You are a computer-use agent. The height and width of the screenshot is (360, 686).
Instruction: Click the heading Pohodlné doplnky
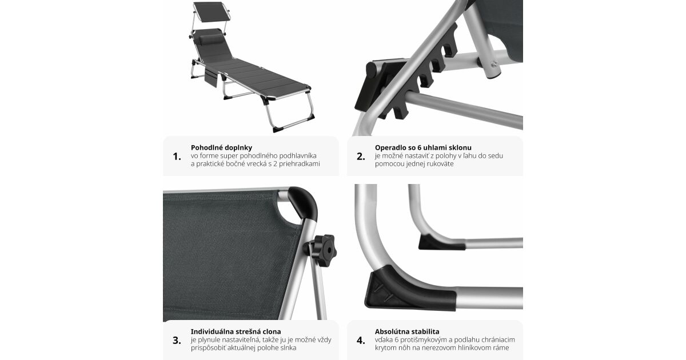coord(221,147)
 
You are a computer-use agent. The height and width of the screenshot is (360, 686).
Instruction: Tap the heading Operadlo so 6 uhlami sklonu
coord(423,147)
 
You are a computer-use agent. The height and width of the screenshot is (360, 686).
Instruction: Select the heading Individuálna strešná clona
coord(236,331)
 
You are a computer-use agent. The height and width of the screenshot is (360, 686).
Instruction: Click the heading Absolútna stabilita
coord(407,331)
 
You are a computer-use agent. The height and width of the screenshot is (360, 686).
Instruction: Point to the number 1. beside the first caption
coord(177,157)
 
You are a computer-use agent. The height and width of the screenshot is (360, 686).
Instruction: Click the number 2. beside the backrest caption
coord(361,157)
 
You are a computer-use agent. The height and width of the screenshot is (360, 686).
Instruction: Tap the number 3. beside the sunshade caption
coord(177,341)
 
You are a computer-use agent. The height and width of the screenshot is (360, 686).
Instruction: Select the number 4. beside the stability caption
coord(361,341)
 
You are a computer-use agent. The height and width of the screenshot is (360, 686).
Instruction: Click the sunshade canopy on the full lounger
coord(211,11)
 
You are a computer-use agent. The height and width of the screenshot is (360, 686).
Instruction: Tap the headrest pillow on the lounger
coord(212,39)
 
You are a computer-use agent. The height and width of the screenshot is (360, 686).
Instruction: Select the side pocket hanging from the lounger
coord(211,78)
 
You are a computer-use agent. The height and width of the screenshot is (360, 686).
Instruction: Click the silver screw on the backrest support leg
coord(494,64)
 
